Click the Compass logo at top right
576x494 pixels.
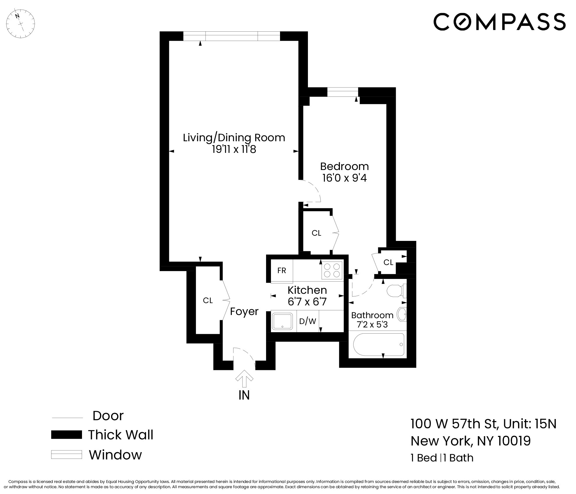(x=500, y=22)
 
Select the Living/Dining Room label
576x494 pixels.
(x=234, y=138)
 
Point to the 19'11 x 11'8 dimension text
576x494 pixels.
(x=234, y=149)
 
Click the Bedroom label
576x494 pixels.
(x=345, y=166)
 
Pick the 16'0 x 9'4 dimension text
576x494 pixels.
(x=345, y=178)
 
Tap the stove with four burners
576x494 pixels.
(x=332, y=270)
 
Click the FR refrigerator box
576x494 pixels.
(x=282, y=271)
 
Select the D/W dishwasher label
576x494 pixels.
(x=308, y=321)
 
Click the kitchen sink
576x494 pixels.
(x=282, y=321)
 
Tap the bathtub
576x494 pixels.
(x=379, y=345)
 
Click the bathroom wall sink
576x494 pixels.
(x=402, y=314)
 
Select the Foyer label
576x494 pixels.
(x=244, y=312)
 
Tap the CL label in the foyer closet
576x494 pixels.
(x=208, y=300)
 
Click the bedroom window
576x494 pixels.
(x=343, y=92)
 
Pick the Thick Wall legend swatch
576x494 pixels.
(x=66, y=435)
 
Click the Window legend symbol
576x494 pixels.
(x=66, y=455)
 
